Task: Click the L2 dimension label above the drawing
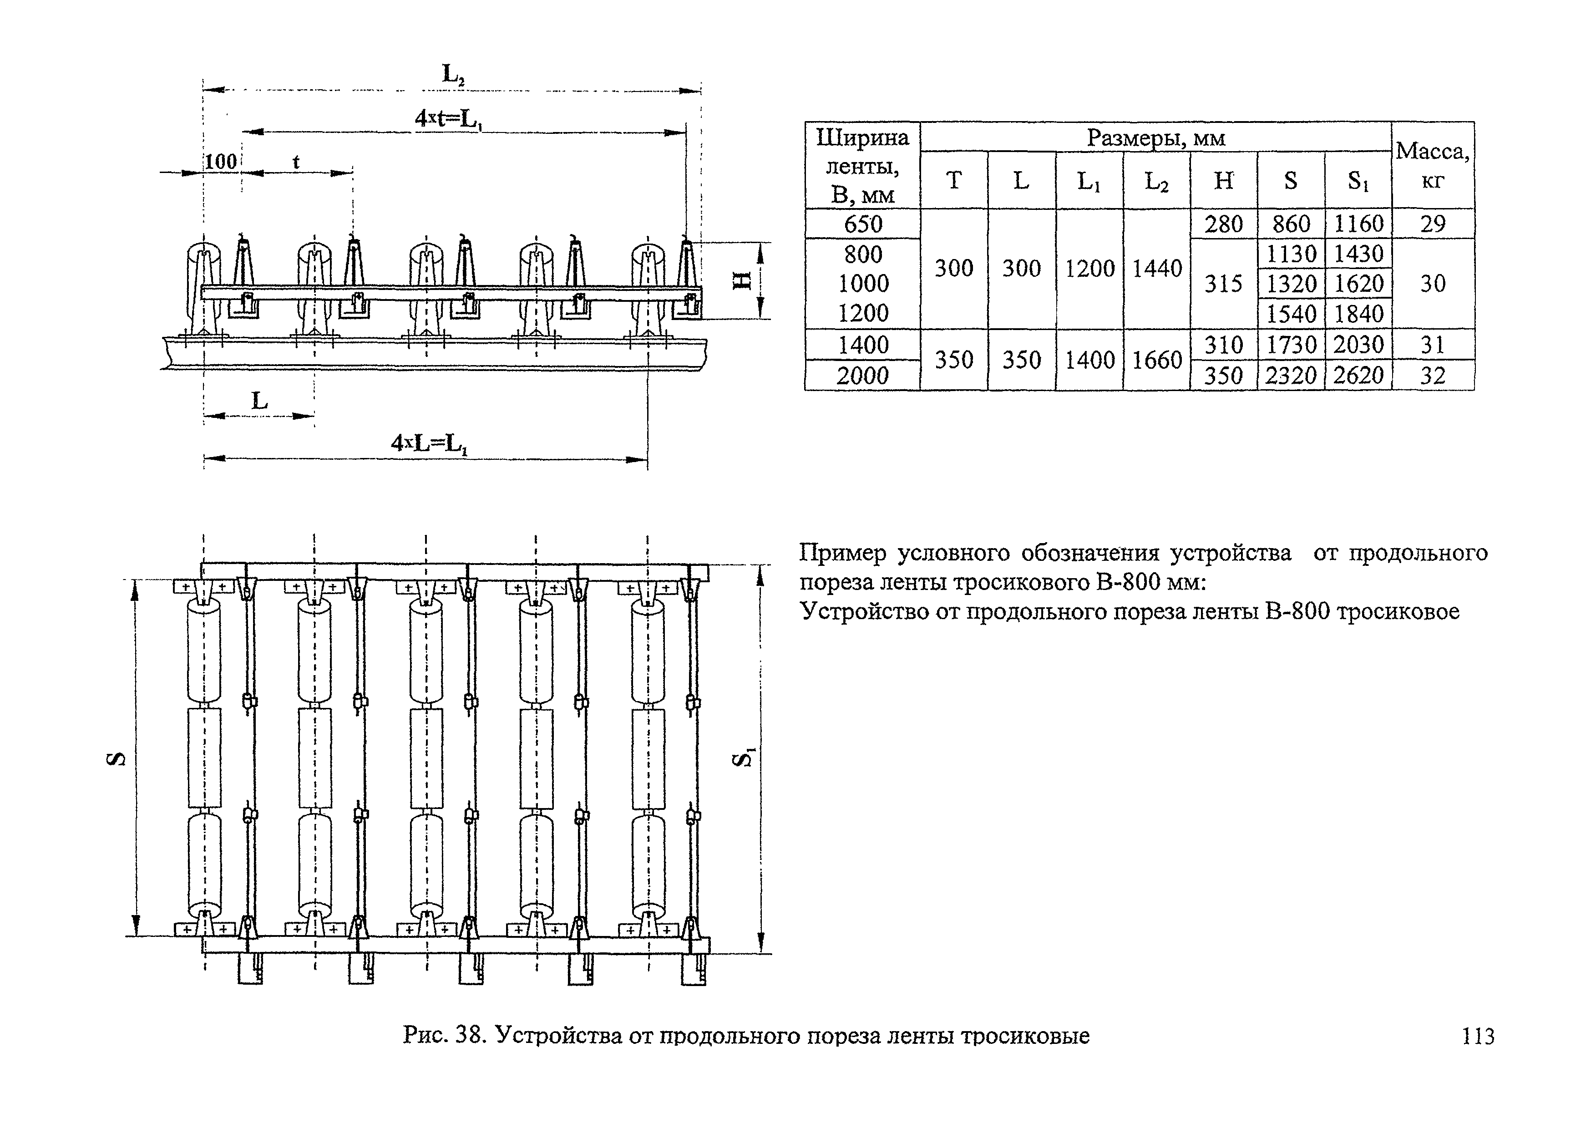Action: (x=452, y=74)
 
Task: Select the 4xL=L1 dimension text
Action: (x=429, y=443)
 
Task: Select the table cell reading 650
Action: (x=863, y=224)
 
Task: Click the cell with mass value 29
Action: (x=1433, y=224)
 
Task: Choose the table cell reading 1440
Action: (x=1157, y=268)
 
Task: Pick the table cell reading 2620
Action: (x=1358, y=376)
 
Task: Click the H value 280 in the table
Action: (x=1223, y=224)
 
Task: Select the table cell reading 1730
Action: (x=1291, y=345)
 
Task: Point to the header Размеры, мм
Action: (x=1155, y=137)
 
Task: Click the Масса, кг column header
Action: (x=1433, y=165)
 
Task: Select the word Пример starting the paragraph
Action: (x=842, y=554)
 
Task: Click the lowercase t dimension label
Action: (x=296, y=162)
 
